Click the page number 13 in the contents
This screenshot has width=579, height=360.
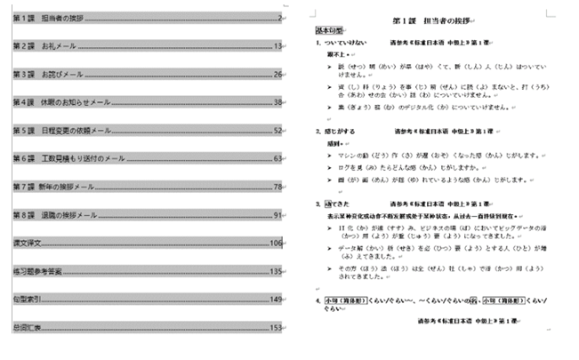278,46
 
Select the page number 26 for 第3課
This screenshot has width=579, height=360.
278,74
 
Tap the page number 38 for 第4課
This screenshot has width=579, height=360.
278,102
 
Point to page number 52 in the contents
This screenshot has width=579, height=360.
278,131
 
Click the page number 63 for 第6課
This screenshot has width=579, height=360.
278,159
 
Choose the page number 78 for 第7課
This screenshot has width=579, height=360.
278,188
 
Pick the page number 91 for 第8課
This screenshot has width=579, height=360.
278,215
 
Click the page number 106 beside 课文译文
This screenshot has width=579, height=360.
277,244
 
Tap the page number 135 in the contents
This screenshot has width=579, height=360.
277,272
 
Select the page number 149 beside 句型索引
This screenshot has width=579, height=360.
277,300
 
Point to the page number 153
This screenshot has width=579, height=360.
277,328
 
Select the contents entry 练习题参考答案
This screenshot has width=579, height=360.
37,272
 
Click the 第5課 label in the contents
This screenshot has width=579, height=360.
24,131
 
